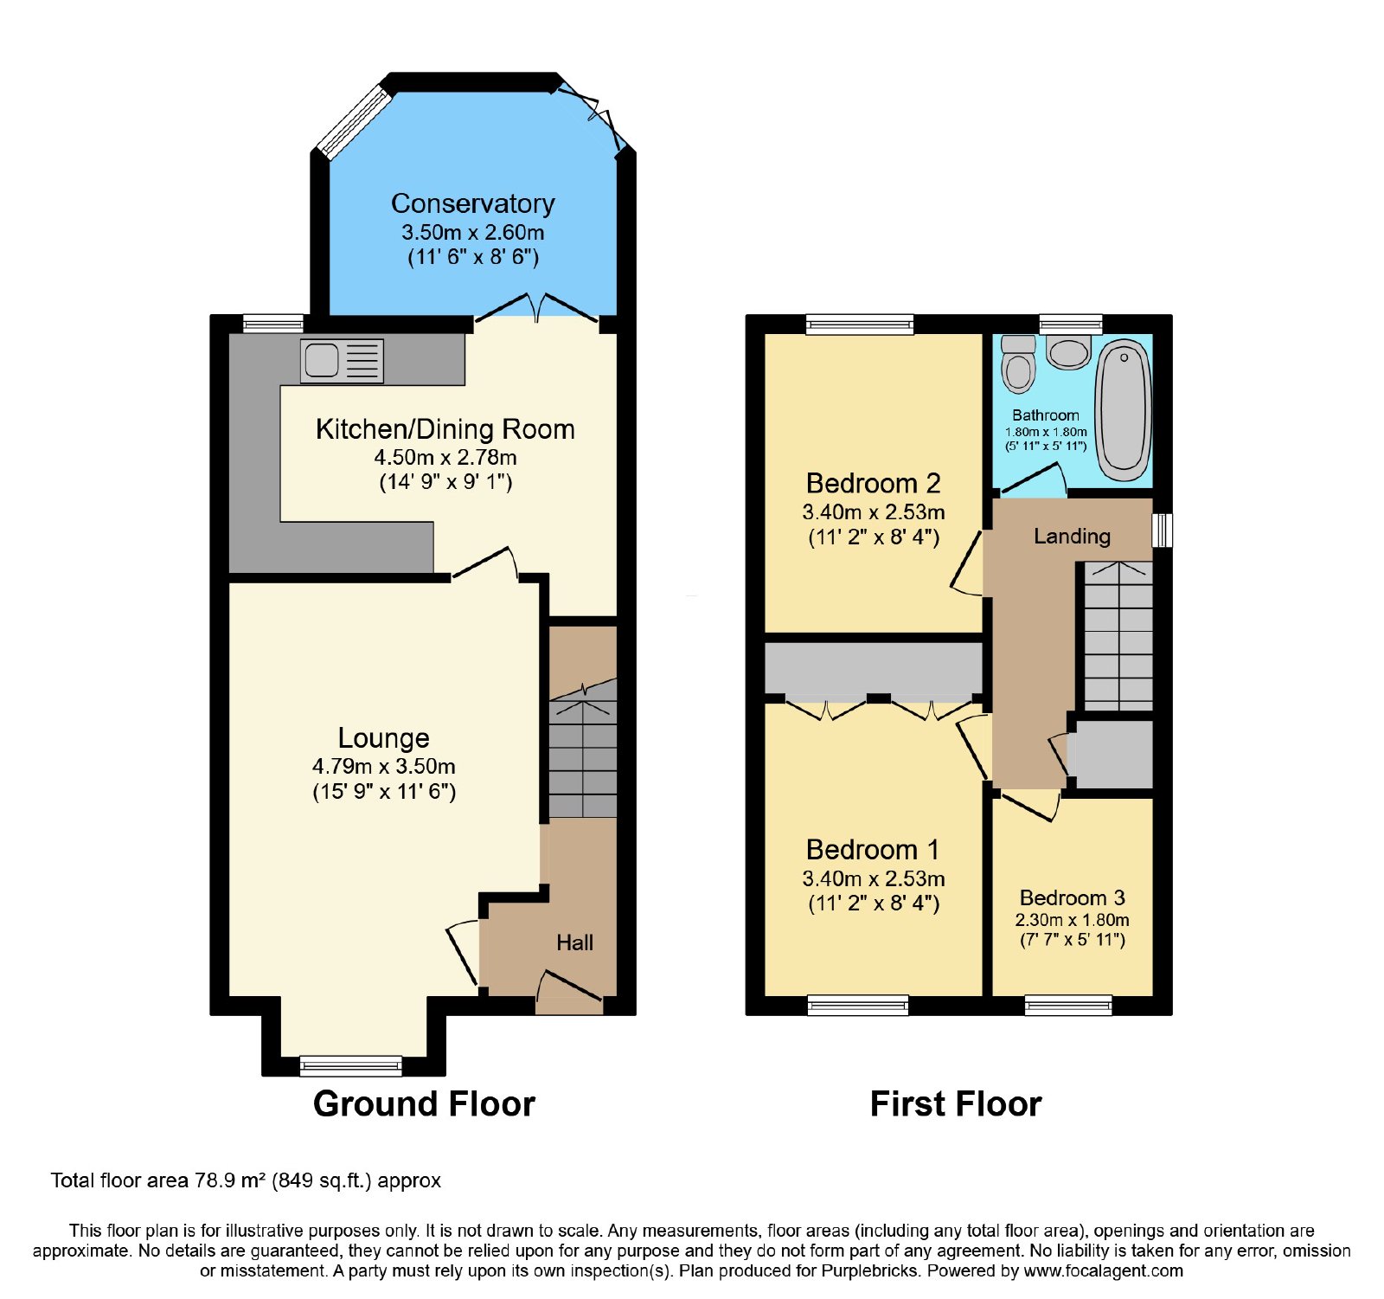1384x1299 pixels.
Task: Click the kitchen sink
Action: tap(342, 361)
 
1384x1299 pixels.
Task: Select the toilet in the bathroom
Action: tap(1018, 363)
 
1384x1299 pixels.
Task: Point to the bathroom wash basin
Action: tap(1068, 352)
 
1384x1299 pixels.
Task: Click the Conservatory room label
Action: tap(472, 203)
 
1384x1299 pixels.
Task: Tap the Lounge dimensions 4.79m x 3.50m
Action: tap(384, 766)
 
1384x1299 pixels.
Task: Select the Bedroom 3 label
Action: tap(1072, 897)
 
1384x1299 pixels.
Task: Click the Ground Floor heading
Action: tap(424, 1104)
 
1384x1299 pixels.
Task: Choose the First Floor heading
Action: tap(956, 1104)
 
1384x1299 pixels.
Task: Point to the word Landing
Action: tap(1072, 537)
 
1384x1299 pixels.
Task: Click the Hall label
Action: tap(574, 942)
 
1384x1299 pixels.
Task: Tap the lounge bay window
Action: tap(350, 1065)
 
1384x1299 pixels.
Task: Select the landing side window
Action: tap(1163, 531)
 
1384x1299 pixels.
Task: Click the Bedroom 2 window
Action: tap(860, 324)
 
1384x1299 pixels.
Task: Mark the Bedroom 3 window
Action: tap(1068, 1005)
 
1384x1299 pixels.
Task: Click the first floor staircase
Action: tap(1118, 636)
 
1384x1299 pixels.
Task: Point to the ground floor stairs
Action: tap(583, 748)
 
